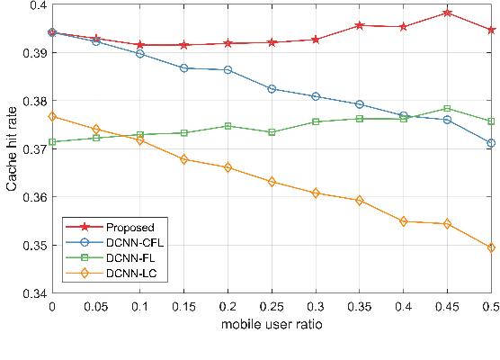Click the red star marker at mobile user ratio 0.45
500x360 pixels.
pyautogui.click(x=447, y=13)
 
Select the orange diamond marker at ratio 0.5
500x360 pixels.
pyautogui.click(x=491, y=247)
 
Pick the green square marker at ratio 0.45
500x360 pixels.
pyautogui.click(x=447, y=109)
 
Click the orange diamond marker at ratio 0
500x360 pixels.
pyautogui.click(x=51, y=116)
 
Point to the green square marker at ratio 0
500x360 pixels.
pyautogui.click(x=51, y=141)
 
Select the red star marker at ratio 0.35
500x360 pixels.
pyautogui.click(x=359, y=25)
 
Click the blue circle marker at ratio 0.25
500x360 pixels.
pyautogui.click(x=272, y=89)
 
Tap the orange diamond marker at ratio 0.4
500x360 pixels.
pyautogui.click(x=403, y=221)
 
